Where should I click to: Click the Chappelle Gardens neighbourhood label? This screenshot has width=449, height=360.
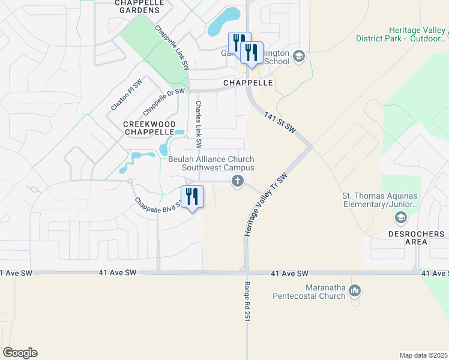pyautogui.click(x=139, y=6)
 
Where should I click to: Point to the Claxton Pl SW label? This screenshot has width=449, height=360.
pyautogui.click(x=125, y=95)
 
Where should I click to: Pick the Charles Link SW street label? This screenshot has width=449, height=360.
pyautogui.click(x=199, y=124)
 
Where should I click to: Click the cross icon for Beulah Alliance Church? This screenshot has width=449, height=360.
pyautogui.click(x=238, y=181)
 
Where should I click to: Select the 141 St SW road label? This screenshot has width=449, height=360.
pyautogui.click(x=280, y=120)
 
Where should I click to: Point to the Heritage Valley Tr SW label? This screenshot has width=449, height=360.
pyautogui.click(x=263, y=204)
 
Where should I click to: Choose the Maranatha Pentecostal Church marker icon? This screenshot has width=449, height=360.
pyautogui.click(x=355, y=291)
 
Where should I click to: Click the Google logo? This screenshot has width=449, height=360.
pyautogui.click(x=20, y=353)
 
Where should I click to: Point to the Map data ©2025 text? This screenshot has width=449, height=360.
pyautogui.click(x=423, y=355)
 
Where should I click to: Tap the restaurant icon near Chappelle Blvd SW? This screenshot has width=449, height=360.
pyautogui.click(x=192, y=196)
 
